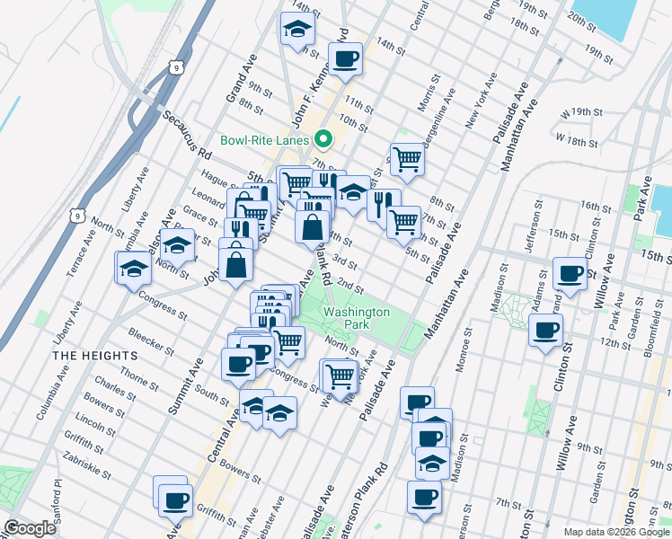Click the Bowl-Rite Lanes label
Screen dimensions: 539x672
pos(265,140)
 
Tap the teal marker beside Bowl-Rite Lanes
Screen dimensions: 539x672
pos(323,139)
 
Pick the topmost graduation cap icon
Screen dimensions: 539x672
pos(295,30)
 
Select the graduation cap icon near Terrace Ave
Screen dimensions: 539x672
pos(134,268)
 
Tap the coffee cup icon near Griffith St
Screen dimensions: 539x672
pos(175,499)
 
